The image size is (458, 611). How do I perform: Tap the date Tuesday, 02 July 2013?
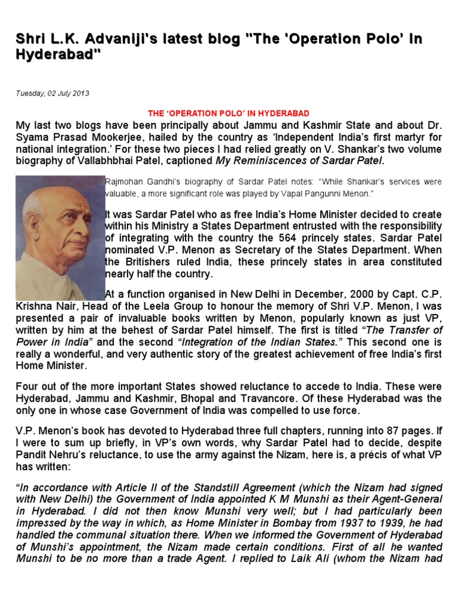52,94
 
